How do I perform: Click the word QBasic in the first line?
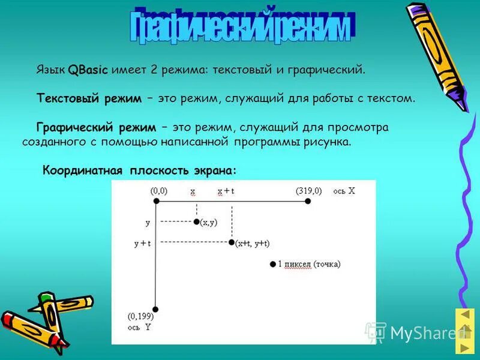click(x=88, y=70)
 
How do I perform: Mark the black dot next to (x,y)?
click(x=196, y=221)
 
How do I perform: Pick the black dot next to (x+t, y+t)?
click(x=232, y=242)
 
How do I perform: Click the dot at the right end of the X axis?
click(x=308, y=202)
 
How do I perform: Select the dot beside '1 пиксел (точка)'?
click(x=272, y=264)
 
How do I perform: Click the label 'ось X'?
click(x=344, y=191)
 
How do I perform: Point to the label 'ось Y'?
click(x=139, y=328)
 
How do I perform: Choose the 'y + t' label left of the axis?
click(x=142, y=243)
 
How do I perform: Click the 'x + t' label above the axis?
click(x=226, y=191)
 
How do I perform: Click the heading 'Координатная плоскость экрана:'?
click(x=140, y=170)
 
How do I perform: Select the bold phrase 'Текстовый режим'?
click(x=89, y=98)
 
